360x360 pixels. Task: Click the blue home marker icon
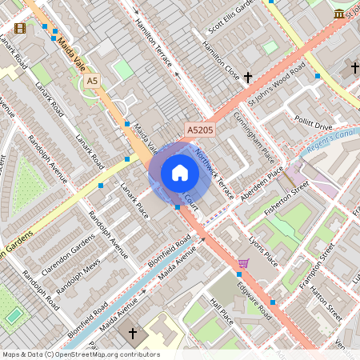pyautogui.click(x=180, y=173)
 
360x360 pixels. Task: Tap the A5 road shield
pyautogui.click(x=92, y=81)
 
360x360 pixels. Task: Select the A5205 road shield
pyautogui.click(x=200, y=129)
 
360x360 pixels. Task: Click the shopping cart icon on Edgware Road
pyautogui.click(x=243, y=262)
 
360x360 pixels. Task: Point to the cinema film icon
pyautogui.click(x=19, y=28)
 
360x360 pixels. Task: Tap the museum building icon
pyautogui.click(x=339, y=14)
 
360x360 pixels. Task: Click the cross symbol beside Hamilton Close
pyautogui.click(x=248, y=78)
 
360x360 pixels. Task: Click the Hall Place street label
pyautogui.click(x=221, y=311)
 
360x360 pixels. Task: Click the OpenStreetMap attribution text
pyautogui.click(x=80, y=354)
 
